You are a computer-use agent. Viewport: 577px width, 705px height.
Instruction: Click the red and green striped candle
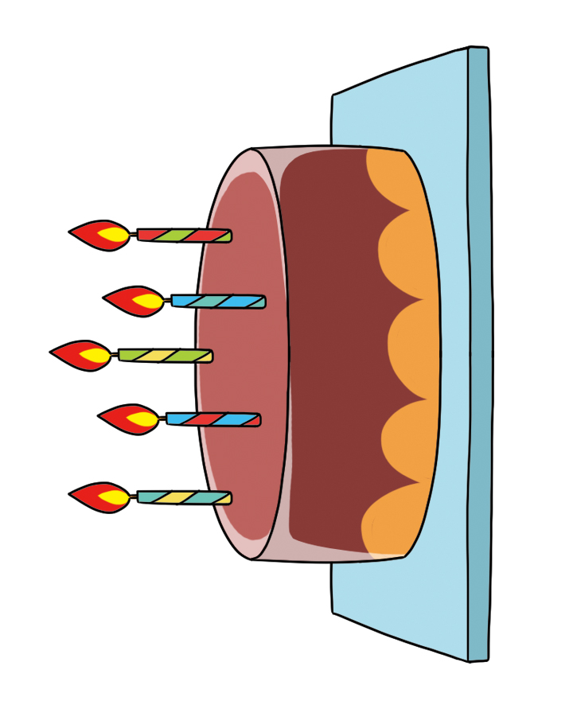(x=184, y=236)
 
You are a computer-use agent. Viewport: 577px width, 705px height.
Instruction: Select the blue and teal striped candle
(x=217, y=302)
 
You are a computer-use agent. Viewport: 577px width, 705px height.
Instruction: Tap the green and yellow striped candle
(x=165, y=355)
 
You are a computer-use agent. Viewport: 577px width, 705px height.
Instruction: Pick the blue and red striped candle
(x=212, y=419)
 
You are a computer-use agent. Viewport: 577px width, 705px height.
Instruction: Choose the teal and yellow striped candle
(x=184, y=497)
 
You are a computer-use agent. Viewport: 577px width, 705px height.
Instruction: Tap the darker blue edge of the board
(x=479, y=358)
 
